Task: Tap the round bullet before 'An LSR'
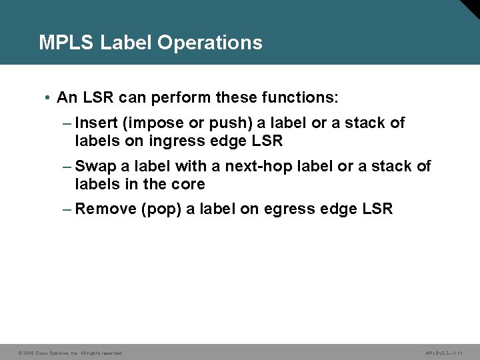(x=49, y=99)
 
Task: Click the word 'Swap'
(x=95, y=166)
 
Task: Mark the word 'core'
(x=189, y=183)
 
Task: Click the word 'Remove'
(x=105, y=209)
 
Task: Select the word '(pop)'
(x=161, y=209)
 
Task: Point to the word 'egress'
(x=287, y=209)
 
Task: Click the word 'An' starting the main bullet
(x=67, y=98)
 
